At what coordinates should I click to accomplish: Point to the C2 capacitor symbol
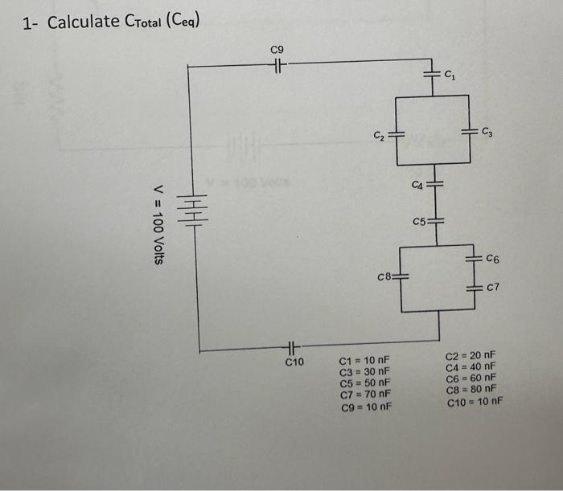pyautogui.click(x=396, y=131)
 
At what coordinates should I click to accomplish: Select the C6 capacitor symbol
pyautogui.click(x=472, y=260)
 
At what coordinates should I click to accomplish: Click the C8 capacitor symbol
pyautogui.click(x=400, y=277)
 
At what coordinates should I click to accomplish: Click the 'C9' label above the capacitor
pyautogui.click(x=277, y=51)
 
